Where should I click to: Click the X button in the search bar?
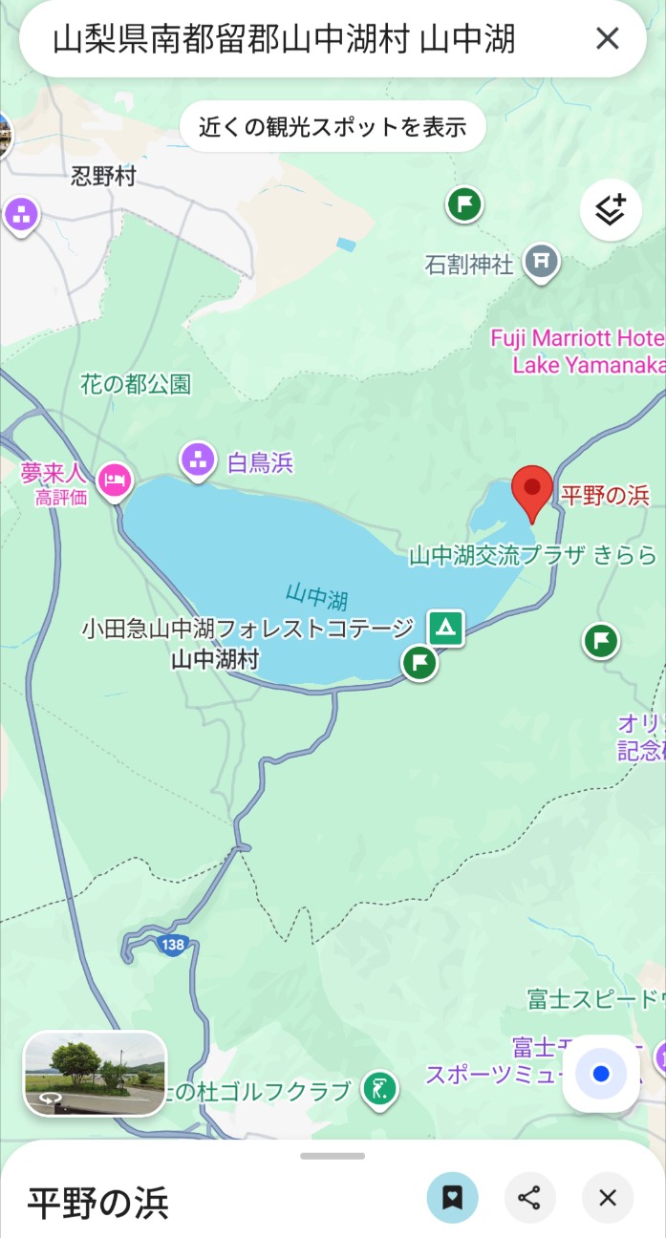click(x=608, y=38)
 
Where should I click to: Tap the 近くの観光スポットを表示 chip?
click(x=333, y=126)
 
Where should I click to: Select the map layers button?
click(x=610, y=210)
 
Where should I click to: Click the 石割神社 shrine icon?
click(x=542, y=260)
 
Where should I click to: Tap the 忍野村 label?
click(x=103, y=176)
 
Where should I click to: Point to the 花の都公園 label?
click(x=136, y=384)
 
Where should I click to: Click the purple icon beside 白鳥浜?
click(x=198, y=459)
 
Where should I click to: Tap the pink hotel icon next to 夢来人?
click(x=115, y=478)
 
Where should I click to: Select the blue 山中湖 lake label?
click(x=316, y=597)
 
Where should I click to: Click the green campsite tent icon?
click(x=445, y=628)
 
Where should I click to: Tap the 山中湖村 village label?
click(x=215, y=658)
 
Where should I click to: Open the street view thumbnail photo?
click(x=95, y=1074)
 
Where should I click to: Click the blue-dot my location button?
click(x=601, y=1074)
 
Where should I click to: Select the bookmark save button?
click(x=453, y=1198)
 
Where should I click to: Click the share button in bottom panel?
click(x=530, y=1198)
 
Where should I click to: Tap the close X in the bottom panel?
click(x=608, y=1198)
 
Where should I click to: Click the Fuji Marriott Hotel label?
click(x=578, y=352)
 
